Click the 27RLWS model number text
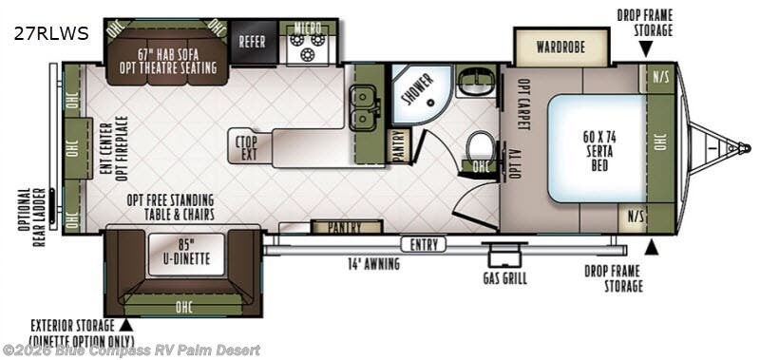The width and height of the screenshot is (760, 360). [51, 33]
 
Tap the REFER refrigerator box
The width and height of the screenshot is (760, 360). [252, 42]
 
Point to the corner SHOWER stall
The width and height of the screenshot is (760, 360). [420, 93]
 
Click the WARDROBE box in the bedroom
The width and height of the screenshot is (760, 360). [560, 47]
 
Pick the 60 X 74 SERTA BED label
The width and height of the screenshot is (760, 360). [599, 151]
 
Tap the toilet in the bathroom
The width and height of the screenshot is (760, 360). [480, 145]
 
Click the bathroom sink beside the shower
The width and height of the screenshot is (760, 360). [476, 82]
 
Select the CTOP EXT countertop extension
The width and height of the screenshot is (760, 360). [247, 148]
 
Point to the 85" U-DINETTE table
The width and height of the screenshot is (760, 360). [186, 255]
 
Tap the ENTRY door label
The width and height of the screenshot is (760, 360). [424, 245]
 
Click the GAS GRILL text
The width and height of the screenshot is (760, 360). [504, 278]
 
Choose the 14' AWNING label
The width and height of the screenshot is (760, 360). [373, 264]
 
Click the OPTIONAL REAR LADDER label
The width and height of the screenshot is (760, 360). [39, 218]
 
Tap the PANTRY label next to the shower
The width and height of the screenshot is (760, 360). [400, 146]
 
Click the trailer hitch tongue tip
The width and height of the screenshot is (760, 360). [748, 147]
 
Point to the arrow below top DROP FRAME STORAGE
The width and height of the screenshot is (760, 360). [645, 50]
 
